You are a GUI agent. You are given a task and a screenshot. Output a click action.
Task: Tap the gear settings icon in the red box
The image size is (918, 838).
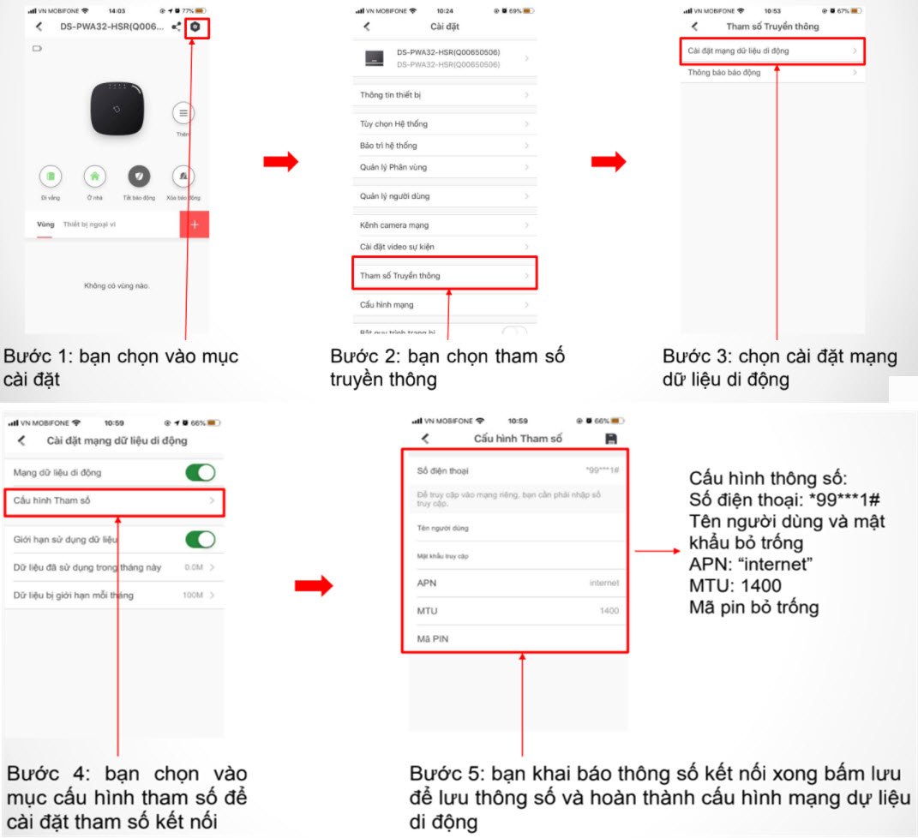(x=195, y=27)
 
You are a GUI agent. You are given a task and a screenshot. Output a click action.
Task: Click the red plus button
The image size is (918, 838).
(x=195, y=224)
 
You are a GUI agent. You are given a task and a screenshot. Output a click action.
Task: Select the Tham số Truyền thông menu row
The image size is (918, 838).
(x=445, y=275)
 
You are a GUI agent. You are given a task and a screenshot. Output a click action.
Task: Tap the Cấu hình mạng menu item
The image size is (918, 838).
(x=445, y=305)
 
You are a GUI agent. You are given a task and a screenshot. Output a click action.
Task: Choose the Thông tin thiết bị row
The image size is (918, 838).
(x=445, y=95)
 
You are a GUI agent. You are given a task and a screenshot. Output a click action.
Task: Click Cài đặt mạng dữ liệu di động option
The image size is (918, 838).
(x=771, y=51)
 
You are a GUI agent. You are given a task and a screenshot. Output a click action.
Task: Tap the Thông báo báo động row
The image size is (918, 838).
(x=771, y=73)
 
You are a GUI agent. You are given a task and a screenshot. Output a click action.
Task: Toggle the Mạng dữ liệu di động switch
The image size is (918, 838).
(x=201, y=472)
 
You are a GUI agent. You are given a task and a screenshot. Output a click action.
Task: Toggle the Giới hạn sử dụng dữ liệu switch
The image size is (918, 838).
(x=201, y=540)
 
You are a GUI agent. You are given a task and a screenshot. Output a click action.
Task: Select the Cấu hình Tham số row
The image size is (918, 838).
(x=115, y=500)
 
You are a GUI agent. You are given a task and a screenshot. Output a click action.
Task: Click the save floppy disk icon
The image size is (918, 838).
(x=611, y=439)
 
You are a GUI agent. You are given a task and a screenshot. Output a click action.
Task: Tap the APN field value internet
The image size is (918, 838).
(x=603, y=583)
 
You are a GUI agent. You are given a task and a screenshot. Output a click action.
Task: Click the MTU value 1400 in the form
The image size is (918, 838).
(x=609, y=611)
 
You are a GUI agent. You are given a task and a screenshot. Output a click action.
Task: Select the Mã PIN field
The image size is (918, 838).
(x=514, y=639)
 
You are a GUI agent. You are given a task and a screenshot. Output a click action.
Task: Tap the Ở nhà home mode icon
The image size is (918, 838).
(x=94, y=177)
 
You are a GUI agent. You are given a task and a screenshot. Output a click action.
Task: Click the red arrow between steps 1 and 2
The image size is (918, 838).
(x=280, y=160)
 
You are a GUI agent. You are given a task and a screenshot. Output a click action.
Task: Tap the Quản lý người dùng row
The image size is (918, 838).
(x=445, y=196)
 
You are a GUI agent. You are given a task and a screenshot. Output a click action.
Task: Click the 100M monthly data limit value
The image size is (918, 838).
(x=192, y=595)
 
